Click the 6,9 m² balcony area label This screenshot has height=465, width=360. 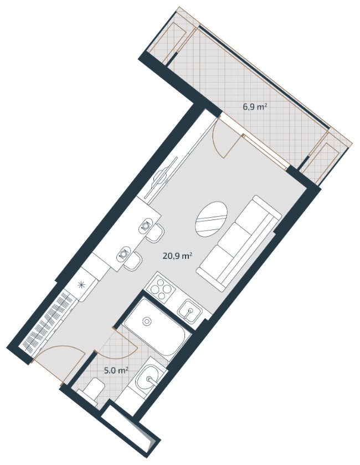253,107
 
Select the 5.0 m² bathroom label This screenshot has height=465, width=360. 116,370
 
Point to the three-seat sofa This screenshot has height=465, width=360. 239,243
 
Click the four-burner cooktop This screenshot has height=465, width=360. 160,288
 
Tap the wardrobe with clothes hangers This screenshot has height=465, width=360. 47,322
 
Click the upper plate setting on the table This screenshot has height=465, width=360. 146,226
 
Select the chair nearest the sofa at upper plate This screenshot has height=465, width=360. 158,233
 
